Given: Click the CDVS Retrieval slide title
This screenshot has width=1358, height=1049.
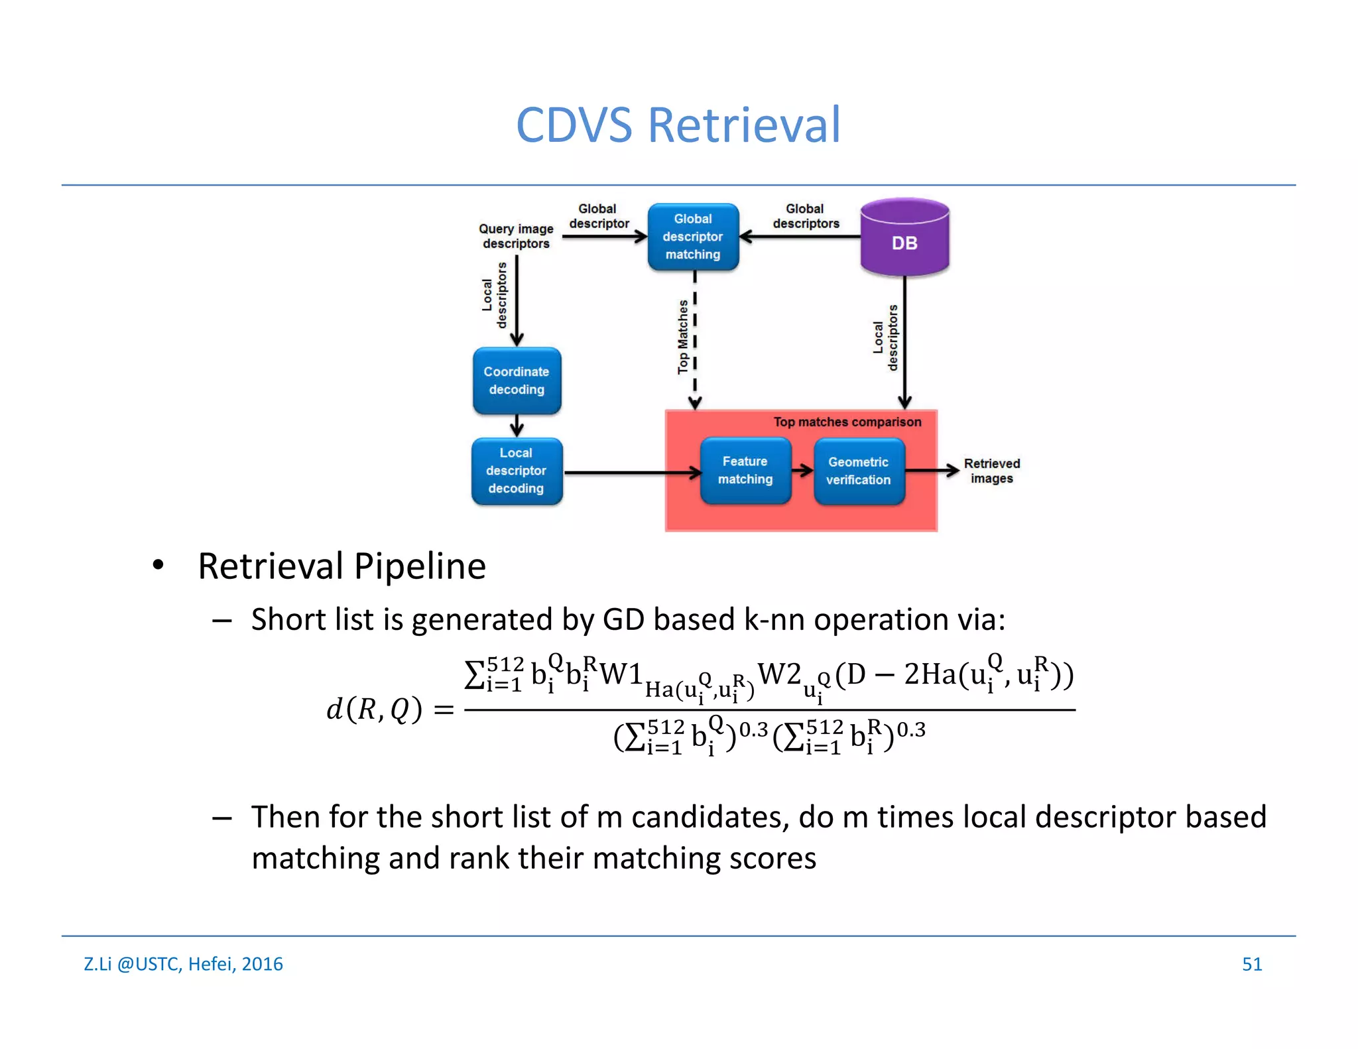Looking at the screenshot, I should [678, 125].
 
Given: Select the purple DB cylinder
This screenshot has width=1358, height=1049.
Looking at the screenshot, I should [904, 239].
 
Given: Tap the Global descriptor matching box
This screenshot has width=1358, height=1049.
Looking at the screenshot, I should [693, 237].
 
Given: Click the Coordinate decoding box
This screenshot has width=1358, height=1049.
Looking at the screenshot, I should [517, 381].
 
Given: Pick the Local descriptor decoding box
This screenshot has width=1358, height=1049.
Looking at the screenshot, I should [517, 471].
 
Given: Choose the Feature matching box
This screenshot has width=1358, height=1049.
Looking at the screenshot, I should [745, 470].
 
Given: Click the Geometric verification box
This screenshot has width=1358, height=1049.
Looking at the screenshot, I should [859, 471].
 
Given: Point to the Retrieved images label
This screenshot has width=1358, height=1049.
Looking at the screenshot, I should [991, 471].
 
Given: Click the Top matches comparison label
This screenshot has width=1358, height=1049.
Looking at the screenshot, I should [847, 422].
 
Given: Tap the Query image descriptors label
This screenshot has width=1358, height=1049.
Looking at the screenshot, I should [516, 236].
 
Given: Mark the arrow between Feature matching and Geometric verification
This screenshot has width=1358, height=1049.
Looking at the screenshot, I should [802, 471].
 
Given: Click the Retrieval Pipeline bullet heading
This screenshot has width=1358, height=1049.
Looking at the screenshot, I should [341, 566].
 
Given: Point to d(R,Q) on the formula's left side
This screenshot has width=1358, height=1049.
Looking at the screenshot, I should [374, 710].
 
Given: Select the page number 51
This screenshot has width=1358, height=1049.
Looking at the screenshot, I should [1251, 963].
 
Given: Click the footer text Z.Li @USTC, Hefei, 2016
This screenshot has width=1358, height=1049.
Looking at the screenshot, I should [183, 963].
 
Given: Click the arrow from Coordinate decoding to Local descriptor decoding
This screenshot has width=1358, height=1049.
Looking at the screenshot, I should [517, 426].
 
